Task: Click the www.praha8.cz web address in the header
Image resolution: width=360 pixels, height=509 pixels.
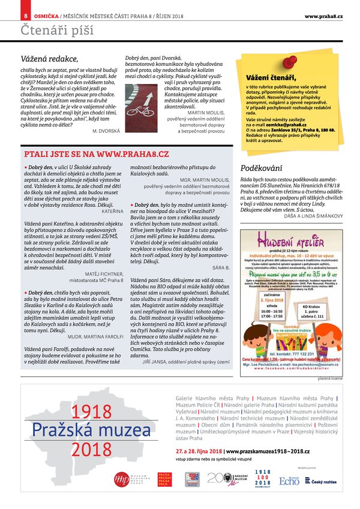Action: coord(323,15)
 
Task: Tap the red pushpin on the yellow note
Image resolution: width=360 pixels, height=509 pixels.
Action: coord(289,61)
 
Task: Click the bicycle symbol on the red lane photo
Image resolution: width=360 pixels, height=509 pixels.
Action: coord(139,111)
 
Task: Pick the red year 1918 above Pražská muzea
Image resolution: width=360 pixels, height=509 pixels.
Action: coord(91,412)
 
